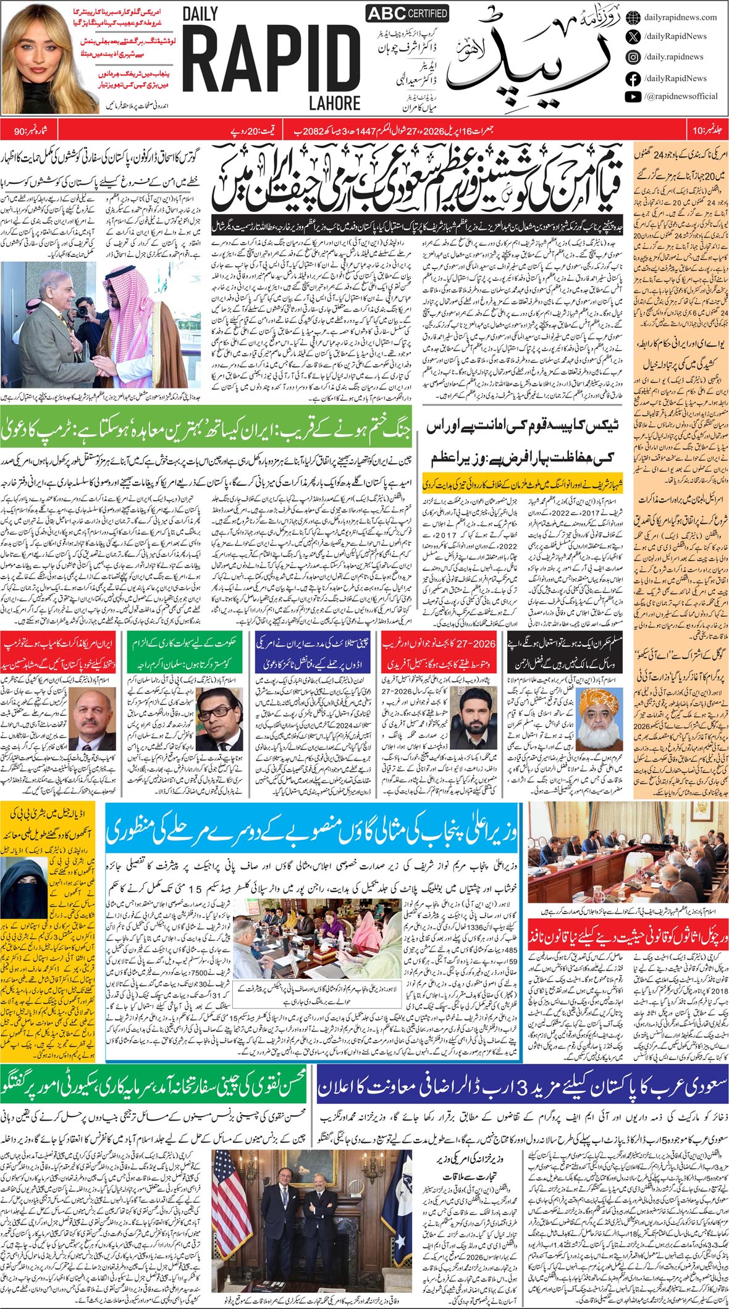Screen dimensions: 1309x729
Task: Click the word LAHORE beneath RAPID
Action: click(x=335, y=102)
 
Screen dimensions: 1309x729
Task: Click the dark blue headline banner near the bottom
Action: click(x=523, y=1086)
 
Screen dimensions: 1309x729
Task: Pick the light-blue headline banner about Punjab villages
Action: click(x=311, y=831)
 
